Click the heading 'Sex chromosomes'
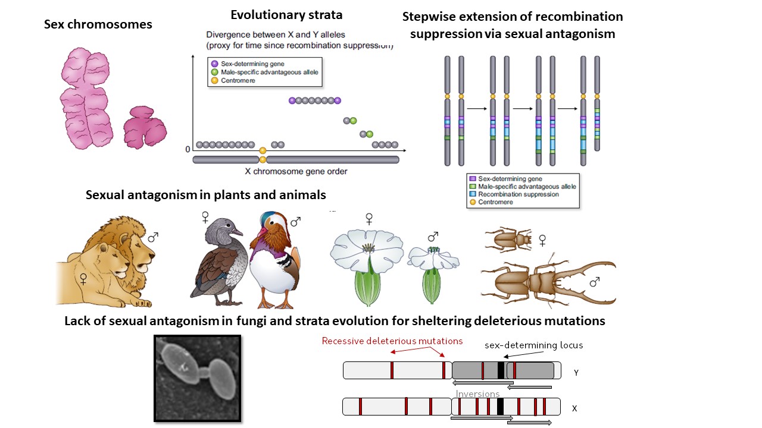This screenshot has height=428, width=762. [98, 24]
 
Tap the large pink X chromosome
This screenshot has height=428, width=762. [85, 96]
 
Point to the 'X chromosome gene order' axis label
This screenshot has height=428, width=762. [296, 171]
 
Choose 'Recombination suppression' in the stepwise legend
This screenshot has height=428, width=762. [518, 194]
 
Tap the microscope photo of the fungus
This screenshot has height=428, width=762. [197, 378]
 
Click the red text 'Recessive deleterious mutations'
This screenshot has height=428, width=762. [392, 341]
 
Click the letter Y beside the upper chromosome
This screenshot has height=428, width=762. [576, 373]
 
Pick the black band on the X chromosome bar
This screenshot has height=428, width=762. [500, 407]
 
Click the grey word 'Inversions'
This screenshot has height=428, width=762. [477, 394]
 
